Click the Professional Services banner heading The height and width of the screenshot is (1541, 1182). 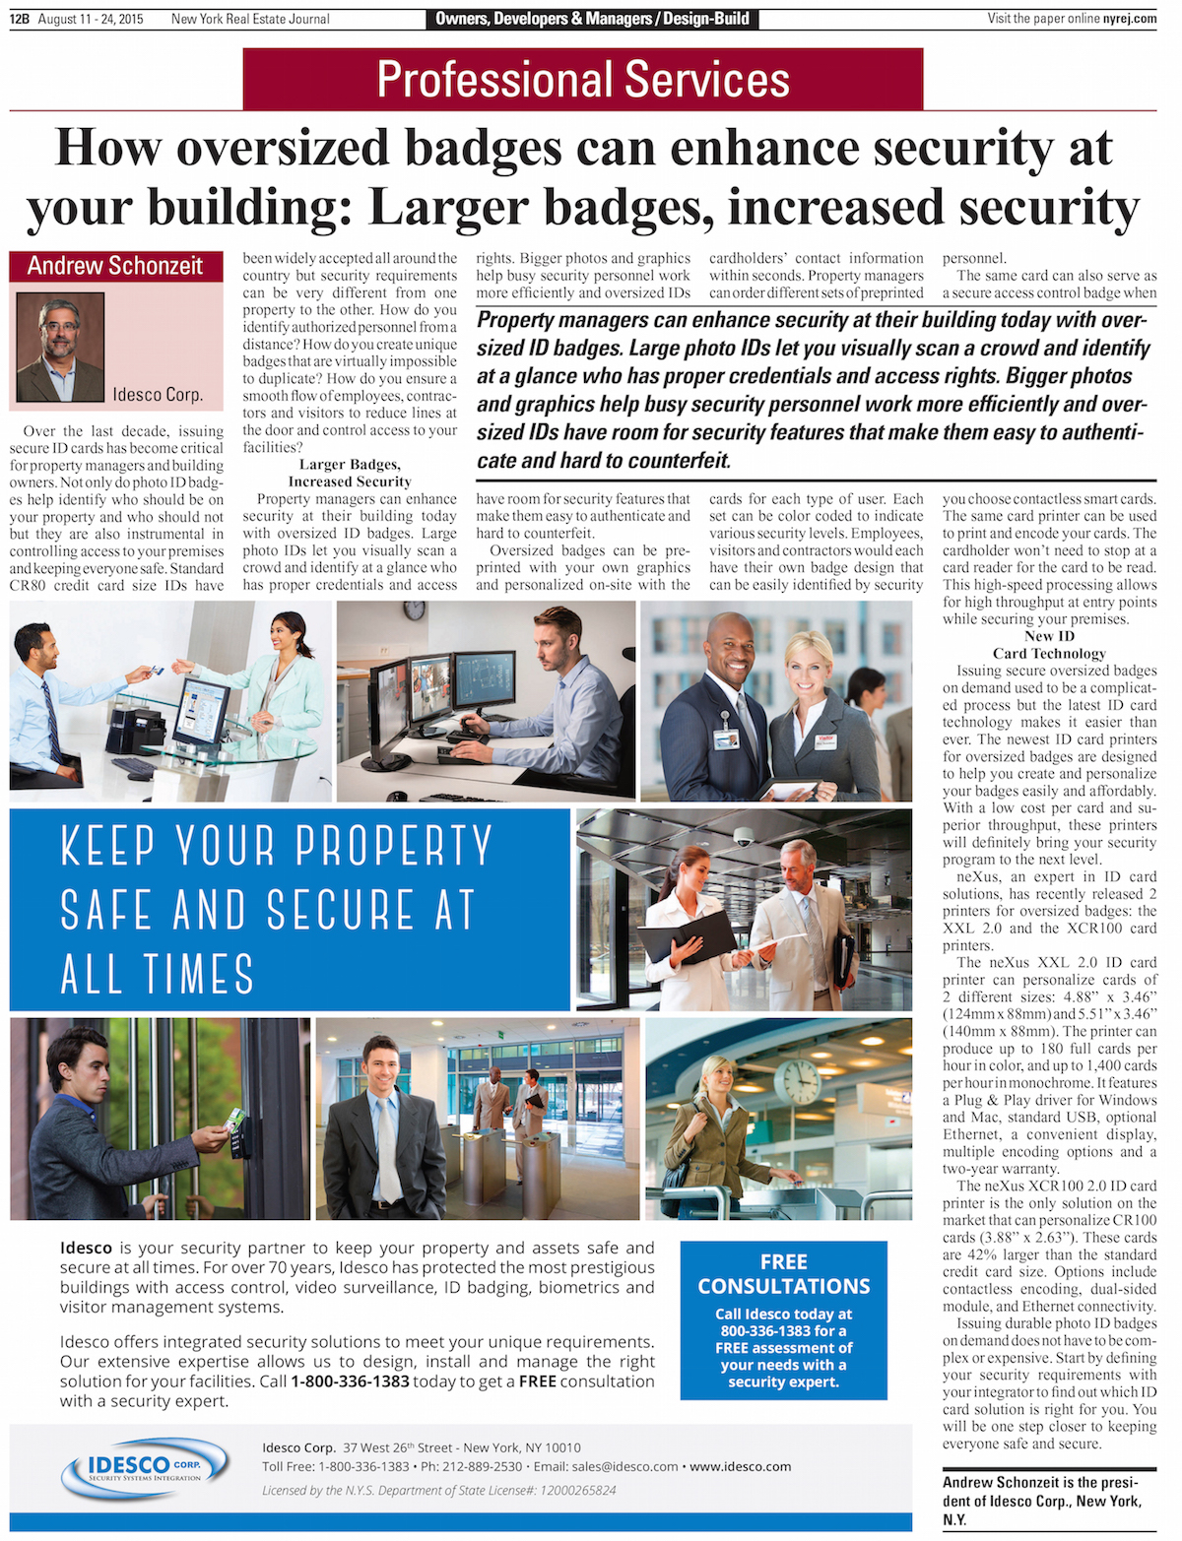click(583, 80)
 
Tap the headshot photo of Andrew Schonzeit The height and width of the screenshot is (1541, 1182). click(60, 347)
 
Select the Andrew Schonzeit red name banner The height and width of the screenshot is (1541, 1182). click(115, 266)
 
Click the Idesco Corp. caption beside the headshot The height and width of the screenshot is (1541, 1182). click(158, 395)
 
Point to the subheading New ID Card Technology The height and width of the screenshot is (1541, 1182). click(1049, 645)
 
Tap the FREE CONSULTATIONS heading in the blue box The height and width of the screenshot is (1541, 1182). click(784, 1274)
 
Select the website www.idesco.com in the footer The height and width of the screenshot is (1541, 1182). click(740, 1466)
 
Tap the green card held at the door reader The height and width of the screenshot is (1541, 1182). click(234, 1119)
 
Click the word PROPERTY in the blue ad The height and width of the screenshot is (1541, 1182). click(394, 845)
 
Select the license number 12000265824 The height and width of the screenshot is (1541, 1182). click(578, 1490)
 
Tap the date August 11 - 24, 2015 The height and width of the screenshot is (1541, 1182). click(91, 19)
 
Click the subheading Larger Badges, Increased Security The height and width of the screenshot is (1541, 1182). click(350, 474)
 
